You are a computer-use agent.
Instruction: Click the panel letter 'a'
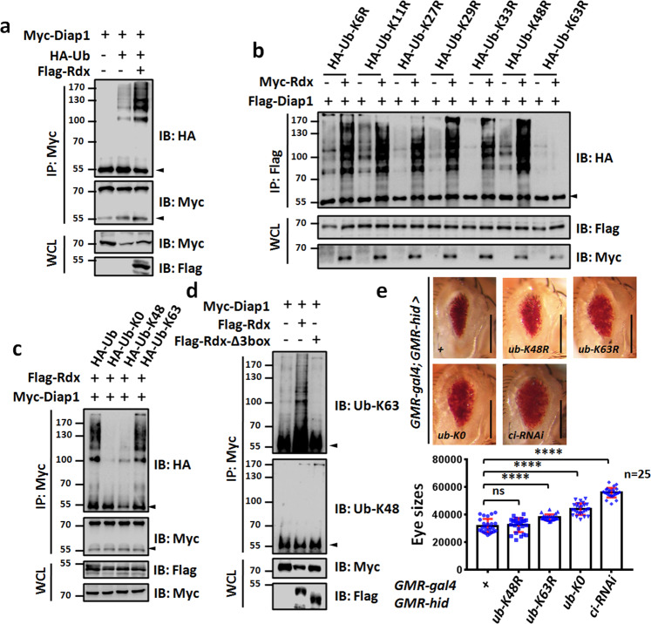pyautogui.click(x=10, y=10)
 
